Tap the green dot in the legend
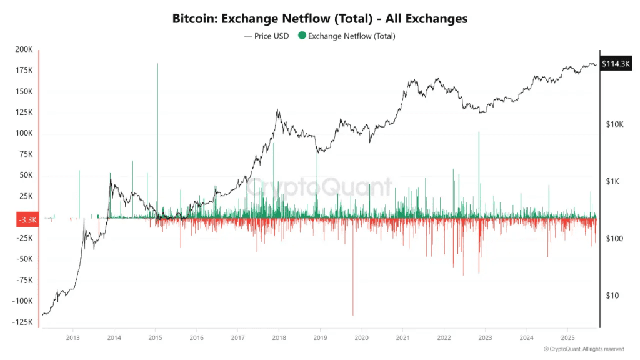pyautogui.click(x=302, y=36)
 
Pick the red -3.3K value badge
pyautogui.click(x=26, y=220)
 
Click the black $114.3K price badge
pyautogui.click(x=615, y=64)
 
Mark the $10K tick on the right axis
pyautogui.click(x=615, y=124)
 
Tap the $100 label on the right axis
pyautogui.click(x=615, y=239)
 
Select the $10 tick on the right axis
pyautogui.click(x=613, y=296)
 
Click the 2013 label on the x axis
pyautogui.click(x=72, y=337)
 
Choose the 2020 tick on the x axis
pyautogui.click(x=361, y=337)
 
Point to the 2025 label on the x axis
pyautogui.click(x=567, y=337)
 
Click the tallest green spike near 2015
pyautogui.click(x=157, y=65)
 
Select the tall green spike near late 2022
pyautogui.click(x=479, y=133)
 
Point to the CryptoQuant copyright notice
pyautogui.click(x=584, y=349)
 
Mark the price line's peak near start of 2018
pyautogui.click(x=277, y=111)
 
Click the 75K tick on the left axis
pyautogui.click(x=26, y=154)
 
